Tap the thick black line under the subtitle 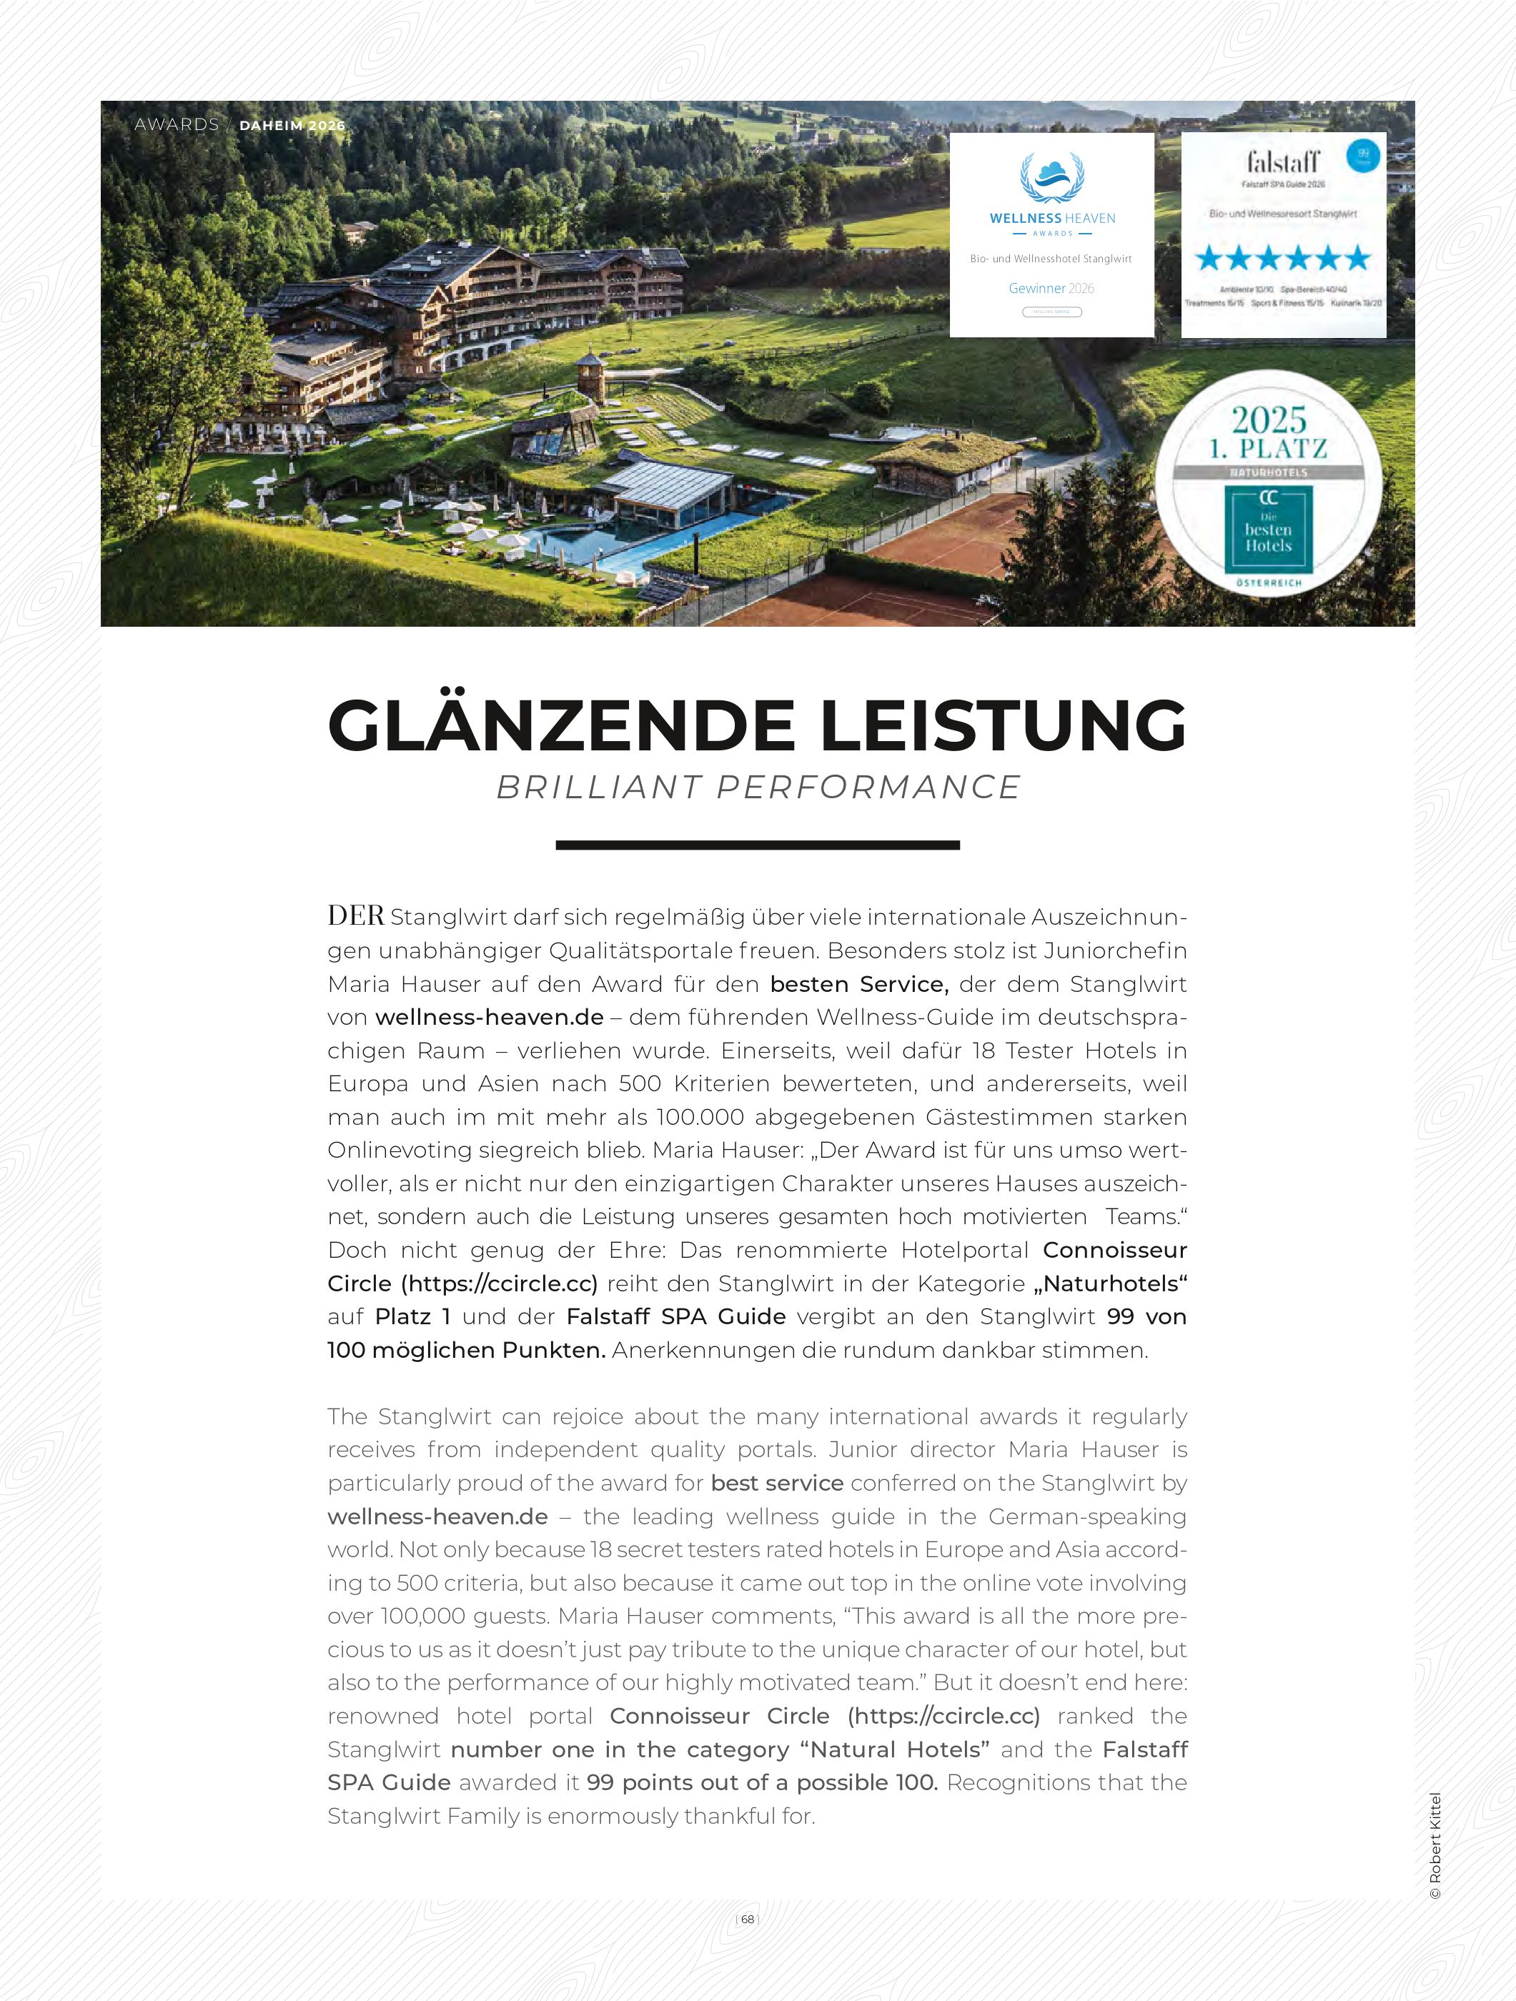(x=757, y=845)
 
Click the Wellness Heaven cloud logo (x=1052, y=177)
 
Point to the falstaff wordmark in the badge (x=1282, y=163)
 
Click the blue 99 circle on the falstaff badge (x=1363, y=154)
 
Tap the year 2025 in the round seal (x=1268, y=419)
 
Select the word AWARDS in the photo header (x=177, y=125)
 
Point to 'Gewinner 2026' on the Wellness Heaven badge (x=1051, y=289)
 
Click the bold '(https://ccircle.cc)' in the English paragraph (x=943, y=1716)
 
